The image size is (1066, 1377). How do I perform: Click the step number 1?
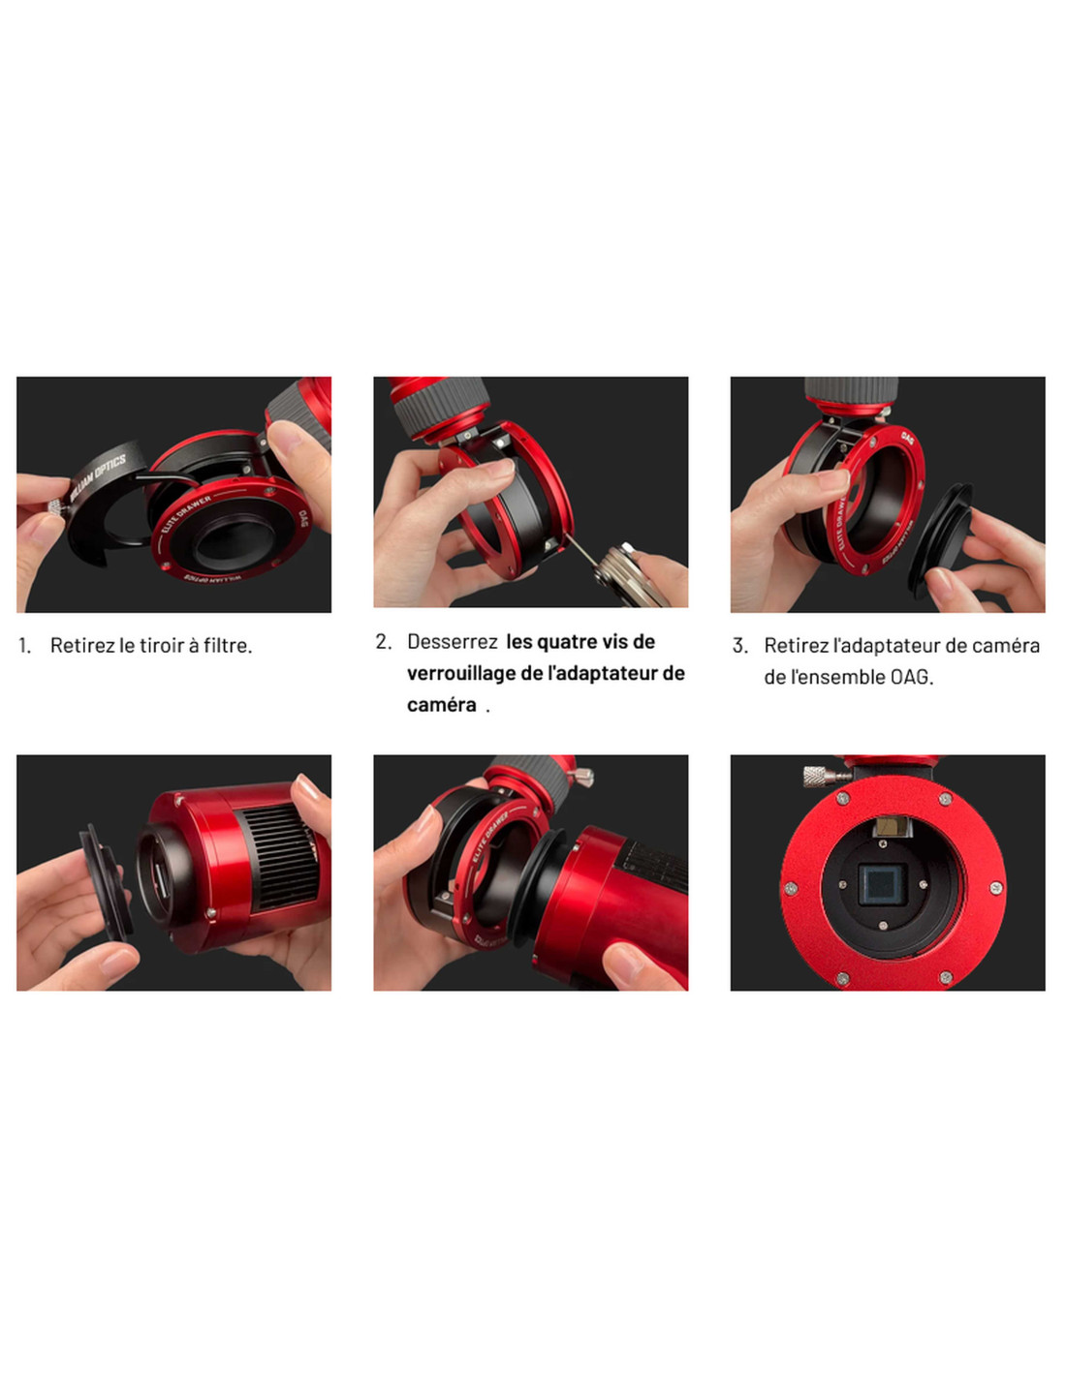tap(23, 646)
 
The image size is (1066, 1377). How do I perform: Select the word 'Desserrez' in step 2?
tap(452, 642)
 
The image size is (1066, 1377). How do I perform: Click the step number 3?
tap(739, 646)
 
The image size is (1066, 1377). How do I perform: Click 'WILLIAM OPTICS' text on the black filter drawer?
tap(98, 476)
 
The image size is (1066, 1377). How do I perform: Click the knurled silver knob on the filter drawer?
tap(56, 507)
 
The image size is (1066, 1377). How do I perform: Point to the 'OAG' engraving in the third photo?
tap(907, 439)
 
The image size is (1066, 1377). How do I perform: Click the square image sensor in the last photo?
tap(881, 885)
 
